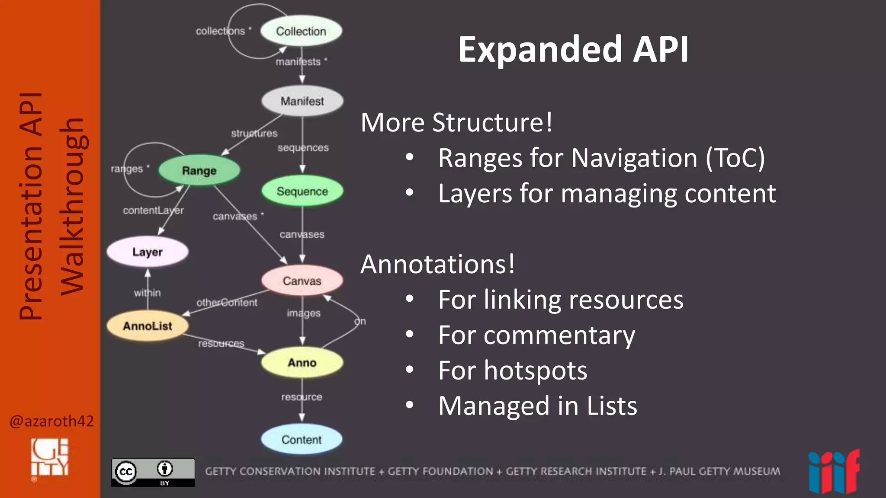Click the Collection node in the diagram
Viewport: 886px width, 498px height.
click(x=301, y=31)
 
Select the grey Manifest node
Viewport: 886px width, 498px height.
click(x=302, y=101)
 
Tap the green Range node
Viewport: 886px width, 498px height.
click(x=199, y=171)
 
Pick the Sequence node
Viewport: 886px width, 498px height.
click(x=302, y=191)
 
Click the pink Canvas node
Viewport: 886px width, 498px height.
click(x=302, y=281)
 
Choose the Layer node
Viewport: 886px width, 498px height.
click(x=148, y=252)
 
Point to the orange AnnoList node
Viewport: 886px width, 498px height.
click(x=148, y=326)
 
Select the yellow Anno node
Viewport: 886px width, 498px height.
click(x=302, y=363)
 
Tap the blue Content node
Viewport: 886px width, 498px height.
click(x=302, y=440)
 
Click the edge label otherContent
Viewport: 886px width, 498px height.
click(x=227, y=303)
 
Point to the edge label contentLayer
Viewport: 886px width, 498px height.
click(x=153, y=211)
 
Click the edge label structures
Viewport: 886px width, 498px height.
click(x=254, y=133)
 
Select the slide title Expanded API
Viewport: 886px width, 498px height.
click(x=573, y=50)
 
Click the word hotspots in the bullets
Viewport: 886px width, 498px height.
click(x=536, y=370)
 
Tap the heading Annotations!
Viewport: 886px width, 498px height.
click(x=437, y=264)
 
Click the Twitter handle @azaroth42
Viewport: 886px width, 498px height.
click(x=51, y=421)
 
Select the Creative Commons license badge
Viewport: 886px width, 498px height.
click(x=153, y=472)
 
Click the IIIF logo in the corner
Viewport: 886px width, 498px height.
click(x=834, y=472)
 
